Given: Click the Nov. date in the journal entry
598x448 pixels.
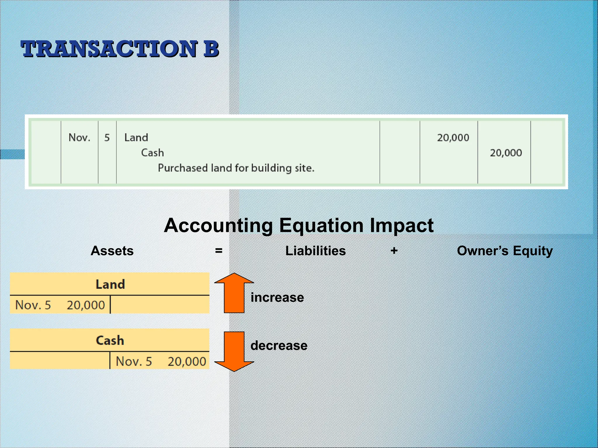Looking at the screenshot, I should tap(79, 137).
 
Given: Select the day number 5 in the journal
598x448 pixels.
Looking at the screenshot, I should tap(107, 137).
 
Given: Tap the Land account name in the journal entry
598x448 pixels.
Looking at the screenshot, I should tap(136, 137).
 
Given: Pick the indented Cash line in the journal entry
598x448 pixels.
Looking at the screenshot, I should tap(152, 153).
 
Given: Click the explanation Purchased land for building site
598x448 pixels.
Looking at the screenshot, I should tap(236, 168).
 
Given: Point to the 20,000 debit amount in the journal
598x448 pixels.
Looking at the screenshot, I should tap(453, 138).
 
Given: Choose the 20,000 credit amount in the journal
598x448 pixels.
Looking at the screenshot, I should tap(506, 153).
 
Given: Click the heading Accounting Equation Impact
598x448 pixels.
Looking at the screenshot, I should tap(298, 225).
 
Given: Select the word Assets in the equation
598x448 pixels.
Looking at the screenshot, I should tap(112, 251).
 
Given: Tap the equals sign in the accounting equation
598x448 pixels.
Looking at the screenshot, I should tap(219, 251).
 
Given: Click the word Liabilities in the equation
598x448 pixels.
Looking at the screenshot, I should tap(315, 251).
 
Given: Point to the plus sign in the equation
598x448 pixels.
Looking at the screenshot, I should tap(394, 251).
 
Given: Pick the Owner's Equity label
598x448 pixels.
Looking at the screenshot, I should tap(505, 251).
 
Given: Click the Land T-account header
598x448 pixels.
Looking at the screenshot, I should tap(110, 284).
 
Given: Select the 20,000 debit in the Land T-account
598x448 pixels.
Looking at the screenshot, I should tap(86, 305).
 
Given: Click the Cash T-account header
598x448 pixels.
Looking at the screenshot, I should tap(110, 340).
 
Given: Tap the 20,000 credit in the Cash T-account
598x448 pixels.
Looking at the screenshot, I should tap(187, 361).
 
